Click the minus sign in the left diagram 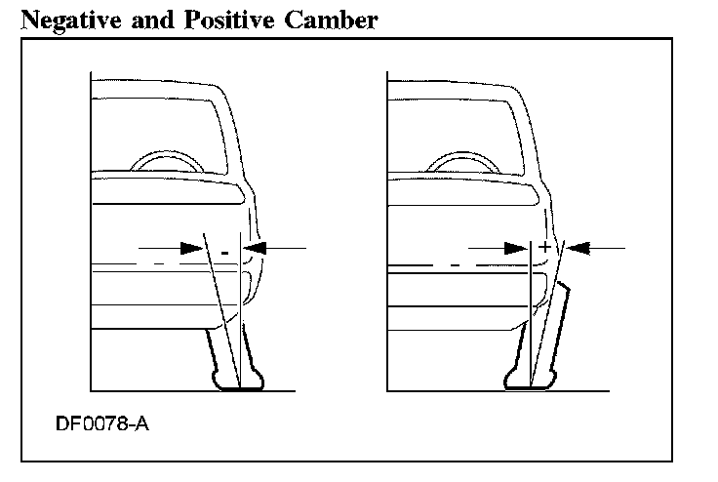(224, 252)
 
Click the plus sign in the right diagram (543, 248)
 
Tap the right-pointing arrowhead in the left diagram (191, 249)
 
